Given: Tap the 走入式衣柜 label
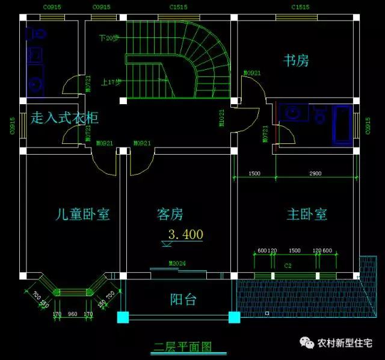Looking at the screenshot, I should point(64,117).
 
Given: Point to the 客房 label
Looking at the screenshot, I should point(170,214).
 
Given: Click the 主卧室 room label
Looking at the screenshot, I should point(306,214).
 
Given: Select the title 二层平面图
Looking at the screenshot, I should point(182,347).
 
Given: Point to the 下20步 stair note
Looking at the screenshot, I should point(109,38).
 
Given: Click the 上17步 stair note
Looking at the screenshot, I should point(112,82).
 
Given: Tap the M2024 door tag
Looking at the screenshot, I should point(177,264).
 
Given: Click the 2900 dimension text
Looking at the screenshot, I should point(315,173).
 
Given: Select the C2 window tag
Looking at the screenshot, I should point(288,264).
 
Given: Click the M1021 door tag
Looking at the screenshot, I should point(223,117).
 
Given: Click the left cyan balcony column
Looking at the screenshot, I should point(123,317).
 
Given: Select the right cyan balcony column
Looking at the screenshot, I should point(233,317).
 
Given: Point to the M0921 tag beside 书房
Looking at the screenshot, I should point(251,73).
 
